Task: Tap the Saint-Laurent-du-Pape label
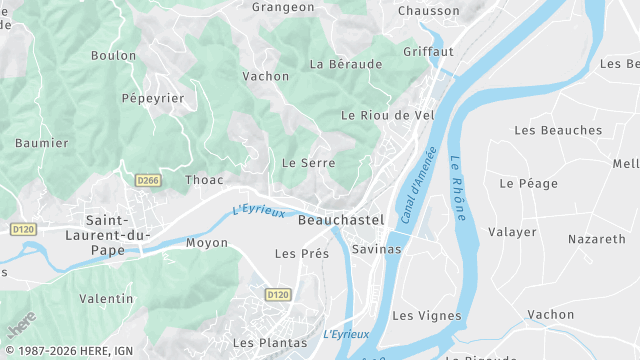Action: click(118, 234)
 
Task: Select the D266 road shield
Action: click(147, 180)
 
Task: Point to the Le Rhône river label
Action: click(457, 187)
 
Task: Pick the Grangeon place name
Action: click(283, 7)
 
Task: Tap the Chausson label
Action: click(428, 11)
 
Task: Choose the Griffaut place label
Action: click(428, 51)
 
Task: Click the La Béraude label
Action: click(346, 64)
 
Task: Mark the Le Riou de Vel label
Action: click(387, 115)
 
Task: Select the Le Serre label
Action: click(308, 162)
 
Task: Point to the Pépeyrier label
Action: click(153, 99)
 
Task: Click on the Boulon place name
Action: click(113, 56)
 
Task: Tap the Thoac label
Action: click(204, 181)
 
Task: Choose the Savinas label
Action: click(377, 249)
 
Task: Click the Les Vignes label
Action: click(427, 316)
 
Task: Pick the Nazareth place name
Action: click(596, 240)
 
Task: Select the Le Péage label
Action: click(521, 184)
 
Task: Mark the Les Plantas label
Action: click(270, 343)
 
